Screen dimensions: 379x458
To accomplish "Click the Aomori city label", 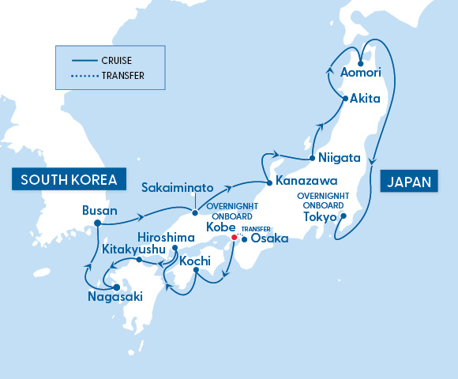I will pos(360,73).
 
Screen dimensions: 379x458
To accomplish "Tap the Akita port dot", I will pos(345,99).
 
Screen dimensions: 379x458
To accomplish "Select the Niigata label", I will pos(340,156).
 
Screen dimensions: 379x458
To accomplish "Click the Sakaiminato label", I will pos(177,188).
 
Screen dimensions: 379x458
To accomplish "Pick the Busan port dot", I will pos(97,223).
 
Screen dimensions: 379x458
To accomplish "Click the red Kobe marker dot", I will pos(234,237).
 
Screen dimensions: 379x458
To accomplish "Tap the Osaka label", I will pos(265,238).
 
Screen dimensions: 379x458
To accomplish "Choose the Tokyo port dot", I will pos(343,216).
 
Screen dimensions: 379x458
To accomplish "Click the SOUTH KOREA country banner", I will pos(69,179).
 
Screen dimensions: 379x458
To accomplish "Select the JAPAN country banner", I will pos(410,181).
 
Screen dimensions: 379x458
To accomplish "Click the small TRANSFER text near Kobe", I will pos(257,229).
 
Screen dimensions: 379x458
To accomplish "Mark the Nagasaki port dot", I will pos(116,287).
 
